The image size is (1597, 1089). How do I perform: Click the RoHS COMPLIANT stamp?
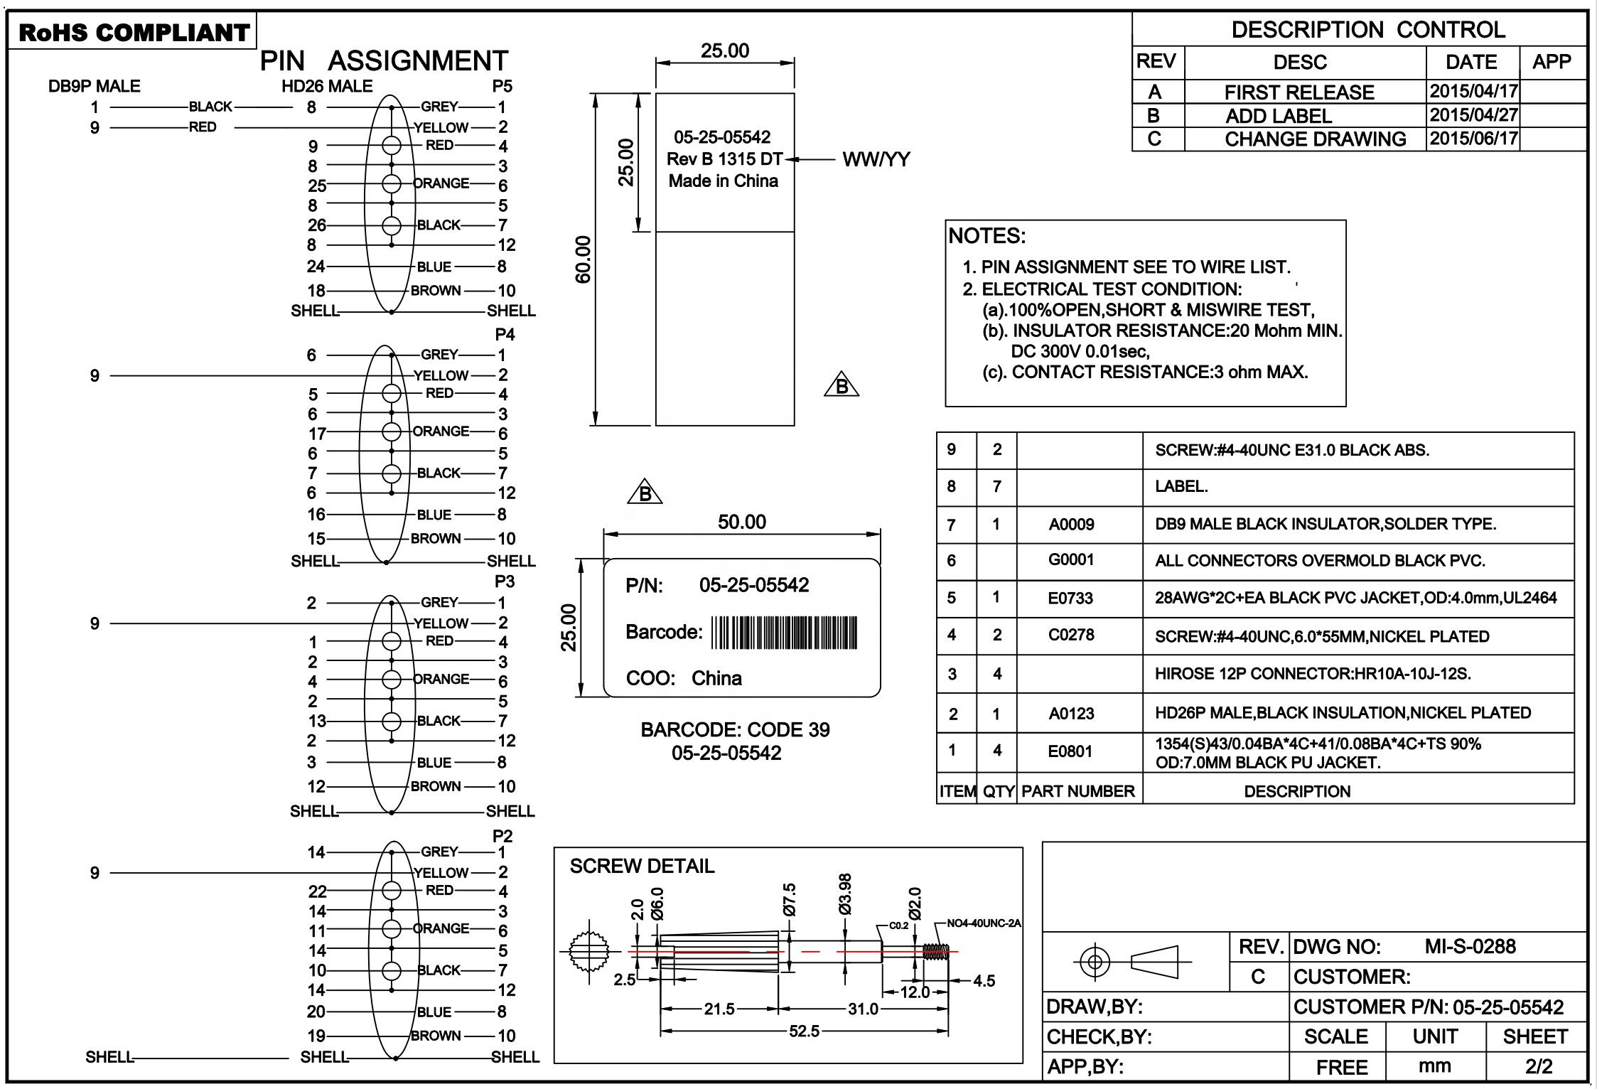point(133,33)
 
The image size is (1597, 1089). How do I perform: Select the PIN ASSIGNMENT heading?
point(384,61)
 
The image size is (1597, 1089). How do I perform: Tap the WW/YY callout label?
point(876,159)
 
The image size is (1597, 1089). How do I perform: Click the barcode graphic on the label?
point(784,632)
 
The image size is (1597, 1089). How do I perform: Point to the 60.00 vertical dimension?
point(583,259)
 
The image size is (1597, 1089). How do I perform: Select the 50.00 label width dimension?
point(741,522)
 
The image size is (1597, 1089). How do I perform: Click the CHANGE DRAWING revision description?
point(1315,139)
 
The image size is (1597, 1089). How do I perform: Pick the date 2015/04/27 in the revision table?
point(1473,115)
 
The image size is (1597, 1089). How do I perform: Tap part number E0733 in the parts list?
point(1070,598)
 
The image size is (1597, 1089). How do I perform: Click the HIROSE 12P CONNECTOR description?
point(1313,673)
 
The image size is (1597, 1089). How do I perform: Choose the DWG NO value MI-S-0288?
point(1470,947)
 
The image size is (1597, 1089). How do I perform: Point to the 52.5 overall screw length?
point(804,1031)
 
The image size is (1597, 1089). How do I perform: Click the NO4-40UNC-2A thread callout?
point(984,923)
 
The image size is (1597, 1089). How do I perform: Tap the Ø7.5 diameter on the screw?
point(789,900)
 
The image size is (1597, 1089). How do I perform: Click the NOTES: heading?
point(987,236)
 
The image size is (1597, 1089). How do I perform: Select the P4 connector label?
point(505,334)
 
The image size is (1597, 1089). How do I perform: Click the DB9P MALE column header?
point(95,87)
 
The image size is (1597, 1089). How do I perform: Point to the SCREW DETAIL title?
point(642,866)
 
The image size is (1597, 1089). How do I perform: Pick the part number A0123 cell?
point(1071,714)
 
